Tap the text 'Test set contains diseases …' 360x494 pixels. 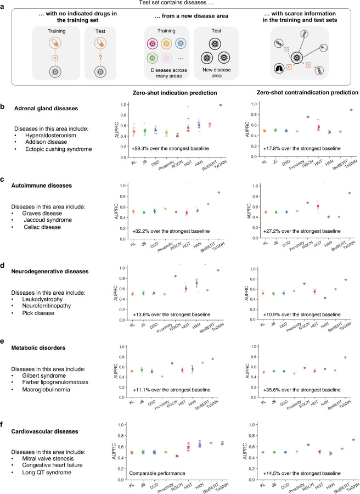pyautogui.click(x=179, y=4)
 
